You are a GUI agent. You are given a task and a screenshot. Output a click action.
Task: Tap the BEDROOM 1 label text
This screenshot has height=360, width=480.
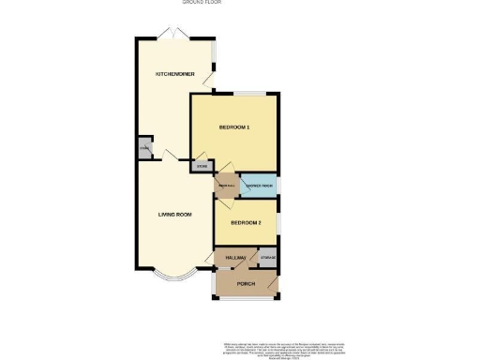(234, 127)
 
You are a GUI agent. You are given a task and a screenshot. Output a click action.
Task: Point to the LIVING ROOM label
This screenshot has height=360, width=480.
(175, 215)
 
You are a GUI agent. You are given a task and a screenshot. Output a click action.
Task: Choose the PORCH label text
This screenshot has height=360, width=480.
(247, 283)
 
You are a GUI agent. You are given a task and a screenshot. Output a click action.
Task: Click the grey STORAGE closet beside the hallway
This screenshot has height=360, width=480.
(268, 257)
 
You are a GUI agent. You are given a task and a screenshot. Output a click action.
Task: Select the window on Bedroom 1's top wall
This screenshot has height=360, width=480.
(247, 93)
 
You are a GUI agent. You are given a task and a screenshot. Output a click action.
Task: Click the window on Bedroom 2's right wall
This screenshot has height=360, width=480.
(279, 229)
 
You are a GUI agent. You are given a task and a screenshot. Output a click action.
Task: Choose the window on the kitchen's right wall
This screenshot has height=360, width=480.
(214, 55)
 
